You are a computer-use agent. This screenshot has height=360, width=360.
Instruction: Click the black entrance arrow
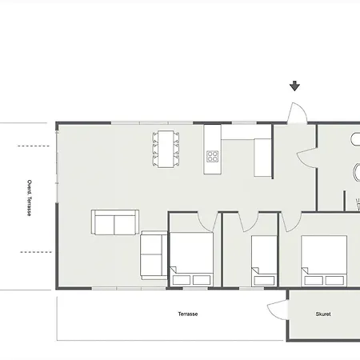(x=294, y=86)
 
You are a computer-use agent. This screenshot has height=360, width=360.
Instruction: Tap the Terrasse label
(x=188, y=314)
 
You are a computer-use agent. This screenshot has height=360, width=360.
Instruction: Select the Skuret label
(x=323, y=314)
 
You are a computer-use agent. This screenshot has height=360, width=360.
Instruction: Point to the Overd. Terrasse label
(x=30, y=198)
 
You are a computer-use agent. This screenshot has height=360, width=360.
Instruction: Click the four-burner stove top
(x=212, y=157)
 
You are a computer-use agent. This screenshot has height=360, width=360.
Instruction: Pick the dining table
(x=166, y=149)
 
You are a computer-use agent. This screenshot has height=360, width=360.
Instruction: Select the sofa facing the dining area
(x=115, y=222)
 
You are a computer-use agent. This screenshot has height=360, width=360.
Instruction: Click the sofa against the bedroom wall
(x=154, y=255)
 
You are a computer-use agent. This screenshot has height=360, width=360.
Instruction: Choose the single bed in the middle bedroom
(x=264, y=261)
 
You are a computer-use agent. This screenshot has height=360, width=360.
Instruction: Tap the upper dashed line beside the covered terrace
(x=34, y=146)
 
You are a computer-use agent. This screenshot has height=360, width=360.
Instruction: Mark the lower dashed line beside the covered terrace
(x=36, y=252)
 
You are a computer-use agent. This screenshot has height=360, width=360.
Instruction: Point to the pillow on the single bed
(x=264, y=281)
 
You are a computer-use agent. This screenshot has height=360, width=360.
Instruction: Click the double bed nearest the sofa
(x=191, y=259)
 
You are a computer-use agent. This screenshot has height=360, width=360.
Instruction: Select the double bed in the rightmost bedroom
(x=324, y=261)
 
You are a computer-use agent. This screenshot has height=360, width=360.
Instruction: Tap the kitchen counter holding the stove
(x=212, y=150)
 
